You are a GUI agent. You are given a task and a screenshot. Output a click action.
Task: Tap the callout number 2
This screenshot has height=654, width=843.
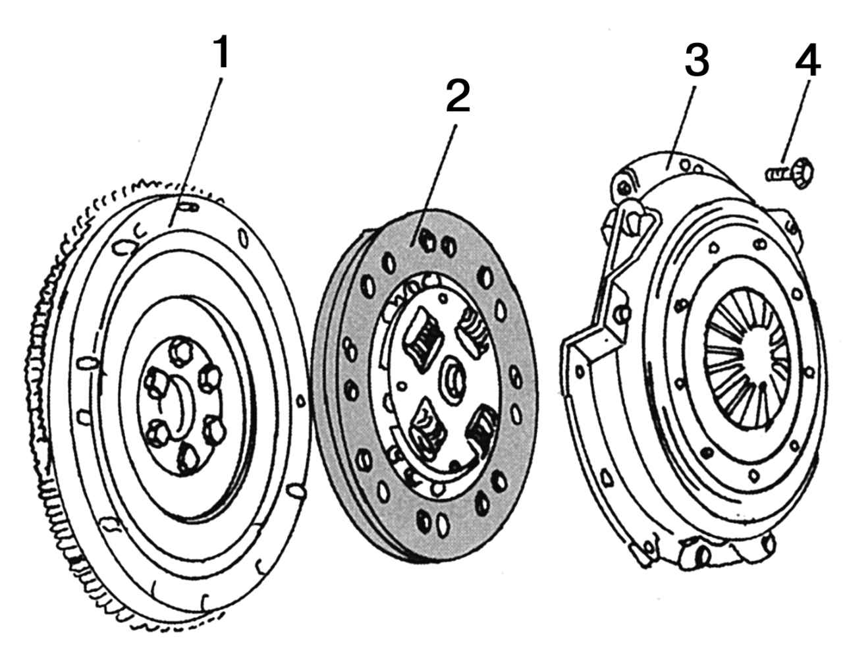coord(458,96)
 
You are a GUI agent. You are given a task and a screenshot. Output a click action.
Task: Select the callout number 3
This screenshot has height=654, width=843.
coord(695,61)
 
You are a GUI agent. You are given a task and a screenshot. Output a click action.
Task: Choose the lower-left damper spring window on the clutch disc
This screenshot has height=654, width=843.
coord(425,425)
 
